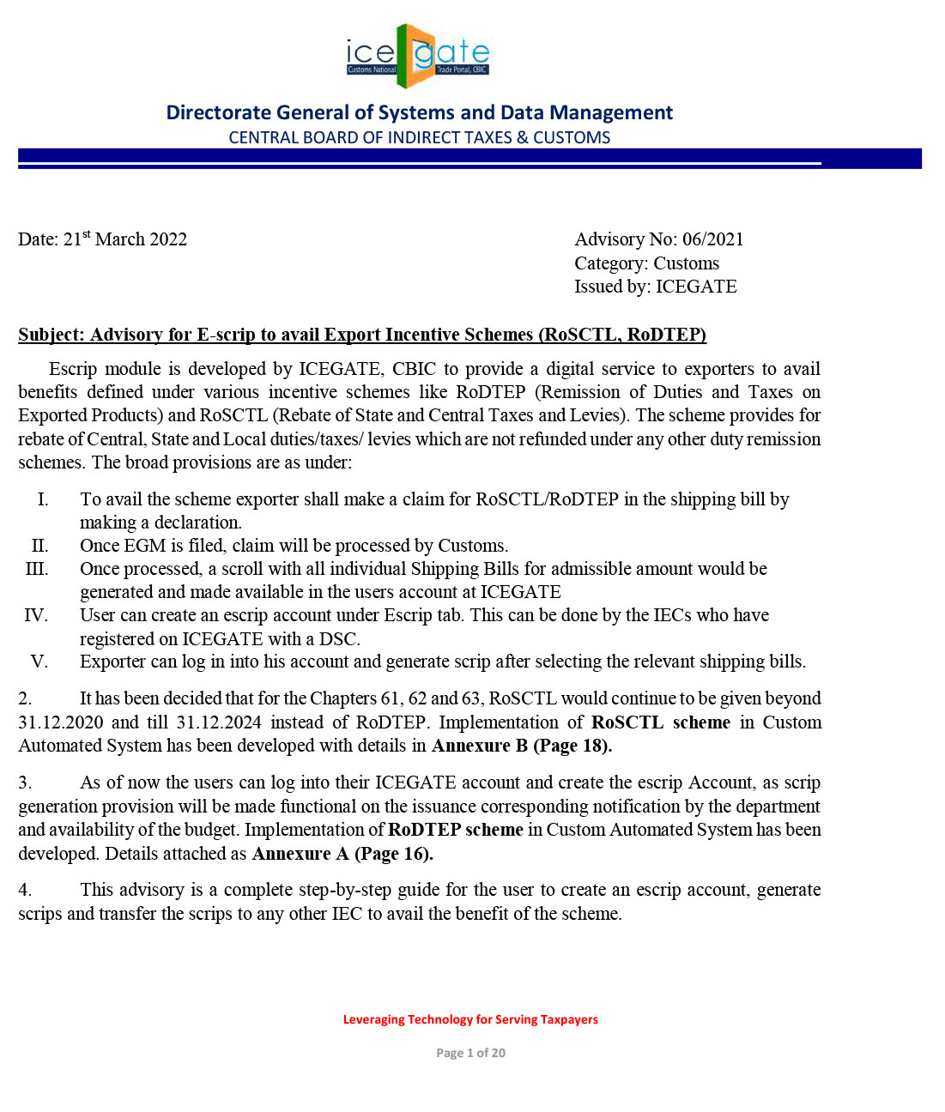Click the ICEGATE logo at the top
pyautogui.click(x=418, y=56)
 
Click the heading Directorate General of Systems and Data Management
pyautogui.click(x=419, y=112)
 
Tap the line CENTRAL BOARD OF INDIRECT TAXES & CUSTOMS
pyautogui.click(x=419, y=137)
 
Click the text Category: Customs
pyautogui.click(x=646, y=263)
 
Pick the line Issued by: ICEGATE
pyautogui.click(x=655, y=287)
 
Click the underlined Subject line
pyautogui.click(x=361, y=335)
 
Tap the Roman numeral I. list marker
pyautogui.click(x=43, y=499)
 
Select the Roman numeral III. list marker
pyautogui.click(x=37, y=569)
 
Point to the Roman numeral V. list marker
pyautogui.click(x=39, y=662)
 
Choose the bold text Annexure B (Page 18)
pyautogui.click(x=521, y=746)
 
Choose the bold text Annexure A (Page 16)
pyautogui.click(x=342, y=854)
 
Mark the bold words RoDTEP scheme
pyautogui.click(x=455, y=830)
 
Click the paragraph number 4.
pyautogui.click(x=25, y=890)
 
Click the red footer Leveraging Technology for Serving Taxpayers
pyautogui.click(x=470, y=1019)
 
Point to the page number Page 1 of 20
pyautogui.click(x=470, y=1053)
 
